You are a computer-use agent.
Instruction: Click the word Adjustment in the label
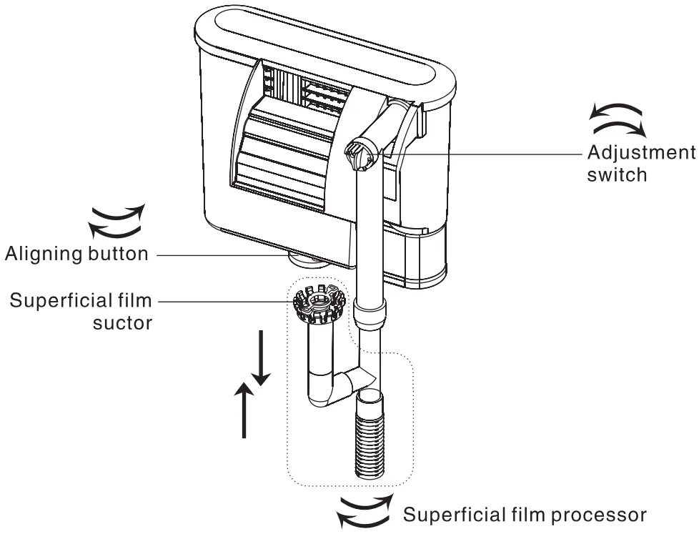click(640, 153)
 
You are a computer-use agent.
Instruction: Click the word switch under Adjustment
click(618, 174)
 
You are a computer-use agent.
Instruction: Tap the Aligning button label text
click(77, 254)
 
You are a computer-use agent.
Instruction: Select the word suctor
click(123, 322)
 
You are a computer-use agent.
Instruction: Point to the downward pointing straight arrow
click(261, 357)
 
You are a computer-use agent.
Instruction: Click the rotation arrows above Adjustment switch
click(617, 119)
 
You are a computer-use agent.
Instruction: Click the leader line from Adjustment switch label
click(486, 152)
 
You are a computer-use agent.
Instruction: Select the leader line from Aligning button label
click(214, 254)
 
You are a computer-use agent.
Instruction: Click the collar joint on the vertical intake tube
click(371, 312)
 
